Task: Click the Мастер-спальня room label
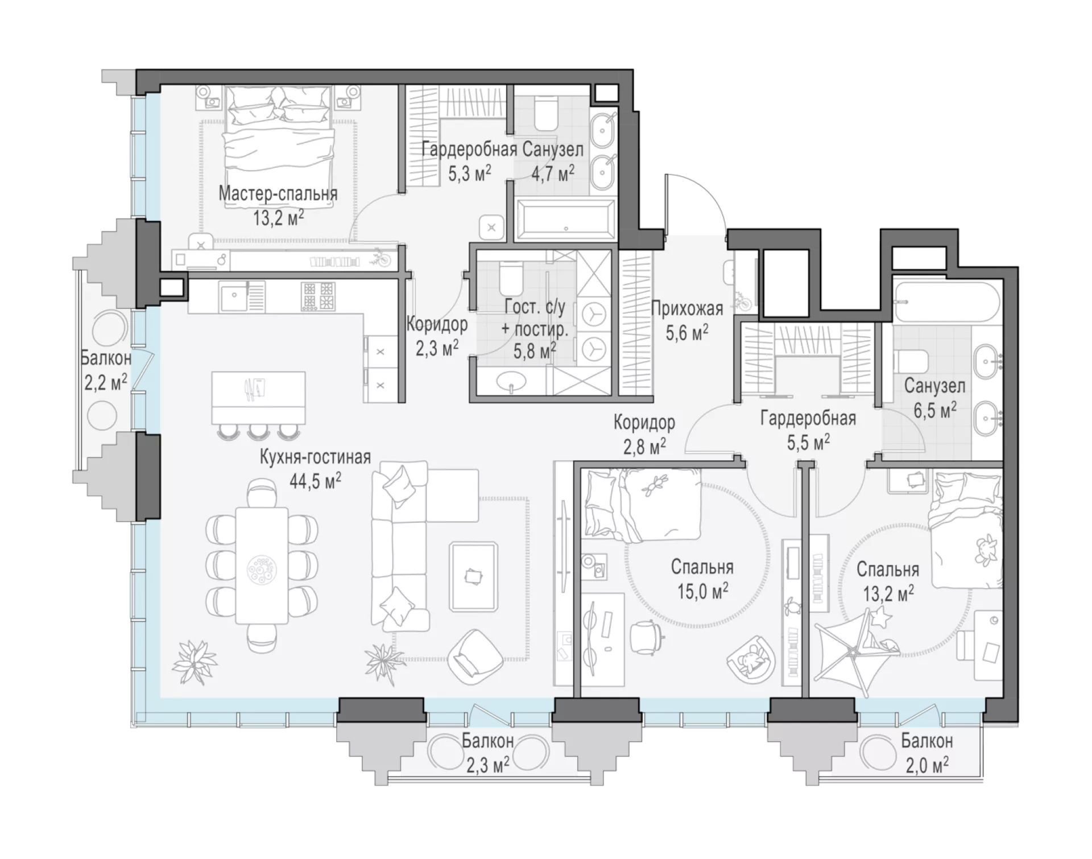pyautogui.click(x=278, y=193)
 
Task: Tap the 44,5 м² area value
pyautogui.click(x=315, y=481)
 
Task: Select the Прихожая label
pyautogui.click(x=687, y=309)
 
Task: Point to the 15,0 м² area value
pyautogui.click(x=702, y=592)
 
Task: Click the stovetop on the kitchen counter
pyautogui.click(x=318, y=296)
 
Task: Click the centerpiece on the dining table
pyautogui.click(x=262, y=569)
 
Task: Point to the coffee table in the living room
pyautogui.click(x=473, y=576)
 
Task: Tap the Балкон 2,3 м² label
pyautogui.click(x=487, y=753)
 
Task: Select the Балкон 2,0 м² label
pyautogui.click(x=926, y=753)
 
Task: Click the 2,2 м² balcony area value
pyautogui.click(x=105, y=382)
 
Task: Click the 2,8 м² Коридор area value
pyautogui.click(x=644, y=447)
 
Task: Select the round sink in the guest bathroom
pyautogui.click(x=511, y=382)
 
